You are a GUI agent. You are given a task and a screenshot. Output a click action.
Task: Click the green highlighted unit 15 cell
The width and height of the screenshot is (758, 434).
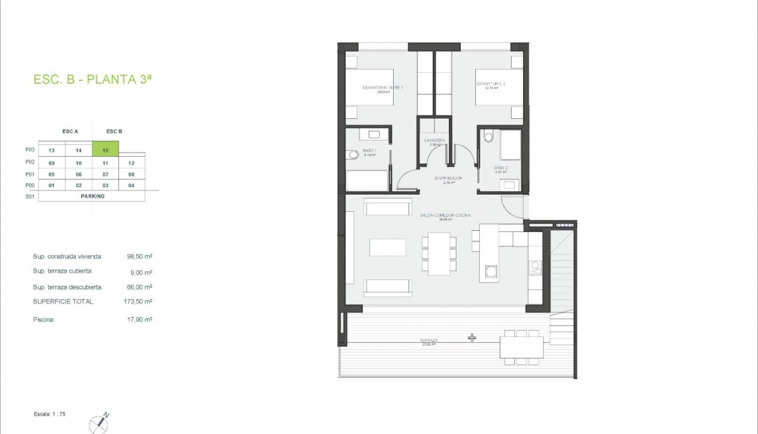[x=106, y=150]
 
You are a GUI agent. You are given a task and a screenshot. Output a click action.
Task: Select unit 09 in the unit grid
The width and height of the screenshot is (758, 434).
[x=52, y=163]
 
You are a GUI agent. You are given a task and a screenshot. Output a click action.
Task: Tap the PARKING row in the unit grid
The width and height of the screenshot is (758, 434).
[x=93, y=196]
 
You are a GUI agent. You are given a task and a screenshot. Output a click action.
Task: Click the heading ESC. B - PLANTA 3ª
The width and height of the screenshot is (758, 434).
[x=93, y=80]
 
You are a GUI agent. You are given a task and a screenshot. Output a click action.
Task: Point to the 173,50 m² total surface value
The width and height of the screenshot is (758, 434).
[x=140, y=301]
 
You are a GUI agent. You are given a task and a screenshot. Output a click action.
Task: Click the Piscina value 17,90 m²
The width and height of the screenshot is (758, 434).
[x=140, y=320]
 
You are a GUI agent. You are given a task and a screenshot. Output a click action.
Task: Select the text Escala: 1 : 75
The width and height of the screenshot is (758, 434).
[x=50, y=413]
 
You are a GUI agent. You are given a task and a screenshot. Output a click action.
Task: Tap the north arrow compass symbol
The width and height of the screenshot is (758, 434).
[x=99, y=424]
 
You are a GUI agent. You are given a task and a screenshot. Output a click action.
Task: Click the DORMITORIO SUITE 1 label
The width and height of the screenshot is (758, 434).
[x=383, y=88]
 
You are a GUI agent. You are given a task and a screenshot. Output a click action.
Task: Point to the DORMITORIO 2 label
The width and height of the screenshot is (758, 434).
[x=491, y=84]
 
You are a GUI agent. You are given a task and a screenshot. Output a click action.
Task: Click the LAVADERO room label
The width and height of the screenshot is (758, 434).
[x=434, y=141]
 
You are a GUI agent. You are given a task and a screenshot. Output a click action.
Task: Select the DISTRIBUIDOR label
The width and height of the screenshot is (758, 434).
[x=448, y=179]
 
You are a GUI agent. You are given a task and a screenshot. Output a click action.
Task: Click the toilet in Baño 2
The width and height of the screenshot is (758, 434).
[x=489, y=137]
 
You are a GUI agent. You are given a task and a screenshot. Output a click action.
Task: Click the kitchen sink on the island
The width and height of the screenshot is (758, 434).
[x=491, y=272]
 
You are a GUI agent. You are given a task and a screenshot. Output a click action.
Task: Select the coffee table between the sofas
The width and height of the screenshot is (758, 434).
[x=387, y=247]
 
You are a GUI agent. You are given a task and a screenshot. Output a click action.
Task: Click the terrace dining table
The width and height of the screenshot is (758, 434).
[x=521, y=347]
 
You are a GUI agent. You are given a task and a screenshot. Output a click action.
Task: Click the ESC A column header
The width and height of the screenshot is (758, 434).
[x=70, y=131]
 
